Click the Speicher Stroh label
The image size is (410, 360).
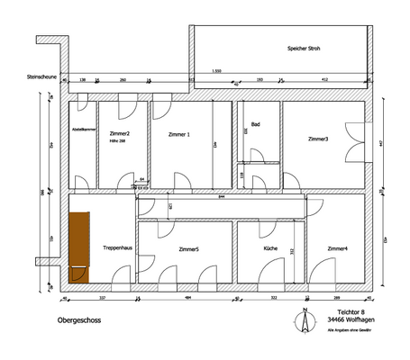[304, 49]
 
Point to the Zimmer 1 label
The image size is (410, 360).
[179, 134]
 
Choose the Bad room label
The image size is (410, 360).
[256, 124]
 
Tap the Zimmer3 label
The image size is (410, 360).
[317, 139]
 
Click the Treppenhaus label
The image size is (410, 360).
[118, 247]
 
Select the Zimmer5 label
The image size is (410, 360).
[189, 248]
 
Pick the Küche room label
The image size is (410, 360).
[270, 247]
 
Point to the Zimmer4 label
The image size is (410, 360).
[338, 248]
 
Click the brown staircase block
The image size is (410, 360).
[79, 245]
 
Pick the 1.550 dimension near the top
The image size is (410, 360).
[216, 70]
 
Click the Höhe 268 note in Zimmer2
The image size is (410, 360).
[118, 142]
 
